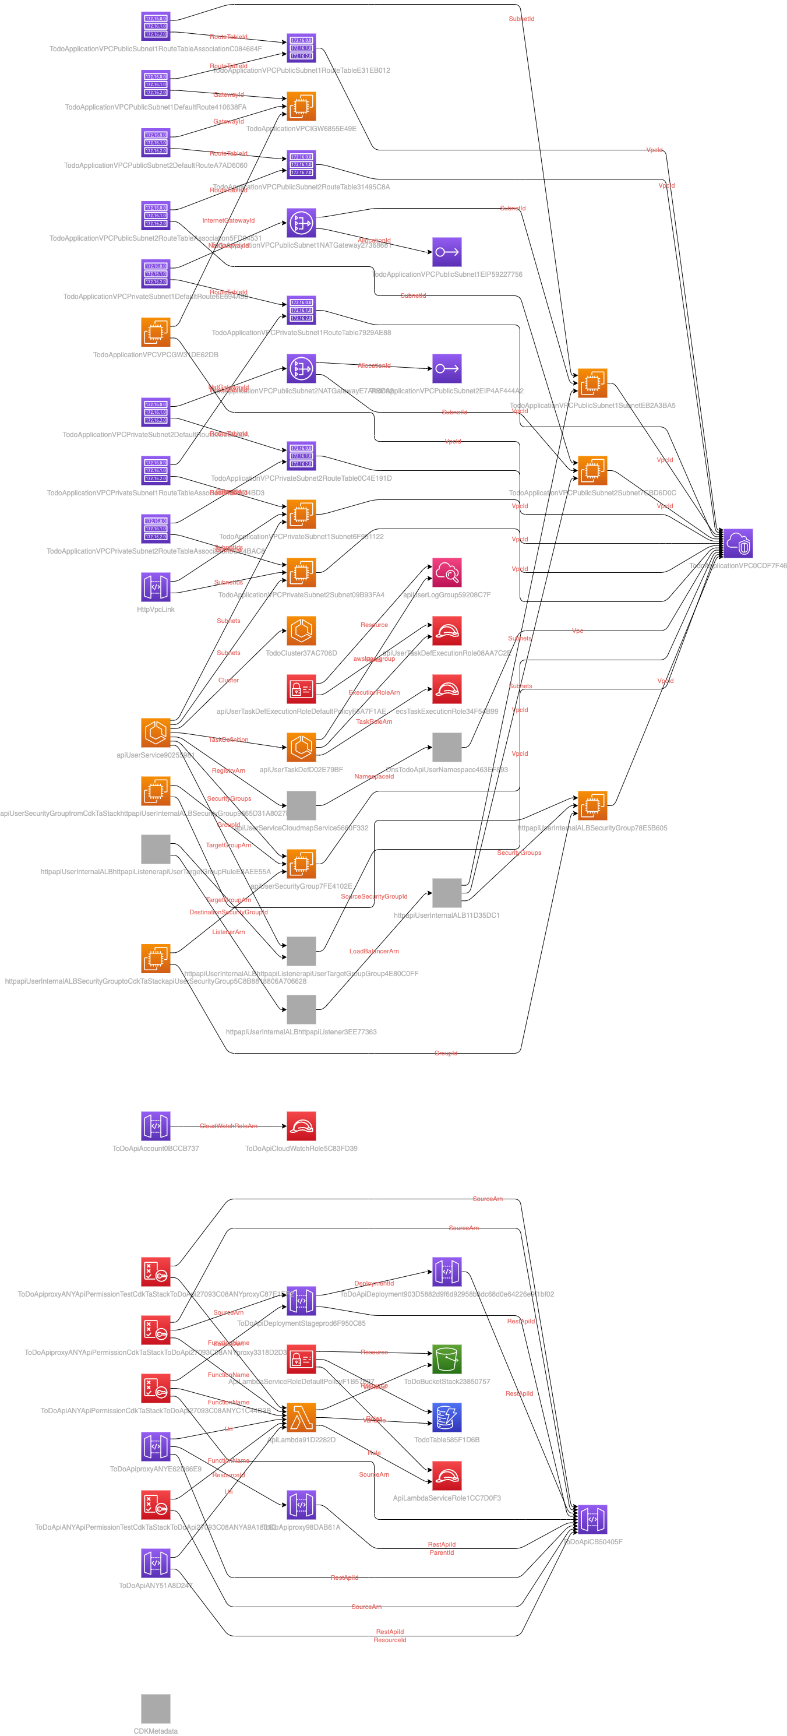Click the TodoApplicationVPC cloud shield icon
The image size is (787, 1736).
click(738, 543)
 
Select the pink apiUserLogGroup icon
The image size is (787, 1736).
click(447, 572)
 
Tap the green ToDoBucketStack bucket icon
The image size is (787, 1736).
click(447, 1360)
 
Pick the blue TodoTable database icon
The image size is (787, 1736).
click(447, 1417)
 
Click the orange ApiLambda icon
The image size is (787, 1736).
click(301, 1417)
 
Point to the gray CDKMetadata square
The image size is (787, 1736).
click(156, 1709)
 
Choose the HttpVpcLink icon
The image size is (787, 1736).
click(156, 587)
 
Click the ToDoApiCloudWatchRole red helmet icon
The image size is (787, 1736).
click(301, 1126)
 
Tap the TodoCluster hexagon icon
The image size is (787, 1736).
click(301, 631)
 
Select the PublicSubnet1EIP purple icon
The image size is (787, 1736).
click(447, 252)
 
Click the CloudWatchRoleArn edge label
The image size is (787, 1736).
click(228, 1126)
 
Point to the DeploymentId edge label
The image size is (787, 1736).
click(374, 1283)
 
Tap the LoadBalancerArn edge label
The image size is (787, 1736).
click(374, 951)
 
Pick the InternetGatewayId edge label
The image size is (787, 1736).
click(228, 220)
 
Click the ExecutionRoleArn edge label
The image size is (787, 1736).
click(374, 692)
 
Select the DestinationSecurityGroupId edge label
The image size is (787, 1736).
click(228, 912)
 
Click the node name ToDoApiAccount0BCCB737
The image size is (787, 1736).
click(156, 1149)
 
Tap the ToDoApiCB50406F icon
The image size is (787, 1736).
click(592, 1519)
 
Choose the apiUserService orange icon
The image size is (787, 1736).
click(156, 733)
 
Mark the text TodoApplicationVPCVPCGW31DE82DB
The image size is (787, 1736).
click(156, 354)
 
